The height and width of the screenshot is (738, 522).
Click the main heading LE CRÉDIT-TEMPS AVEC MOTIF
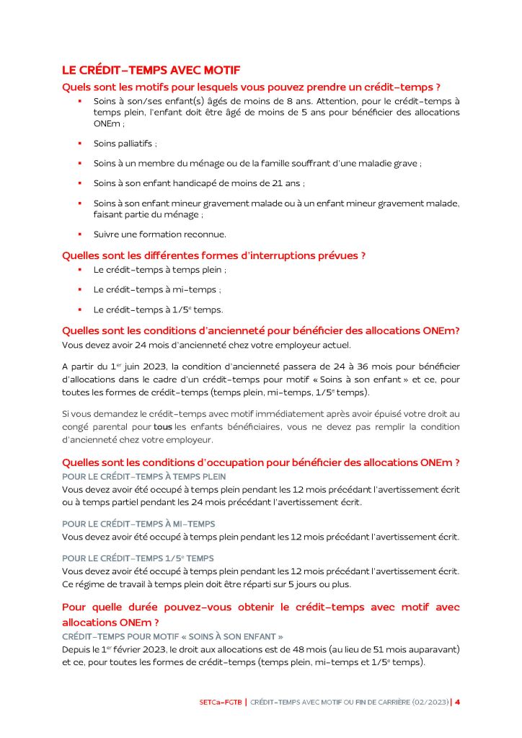click(x=151, y=70)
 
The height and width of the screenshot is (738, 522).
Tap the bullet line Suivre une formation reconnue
click(x=159, y=234)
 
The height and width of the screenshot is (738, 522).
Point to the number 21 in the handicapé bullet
click(x=271, y=183)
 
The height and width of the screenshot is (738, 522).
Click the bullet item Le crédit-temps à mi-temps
click(x=156, y=289)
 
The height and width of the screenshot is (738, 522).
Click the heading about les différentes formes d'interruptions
click(x=214, y=255)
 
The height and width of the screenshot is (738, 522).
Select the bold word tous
click(x=163, y=427)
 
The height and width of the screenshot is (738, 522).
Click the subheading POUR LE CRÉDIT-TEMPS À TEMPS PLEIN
click(x=144, y=477)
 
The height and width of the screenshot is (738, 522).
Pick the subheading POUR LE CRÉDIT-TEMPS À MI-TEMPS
click(x=138, y=524)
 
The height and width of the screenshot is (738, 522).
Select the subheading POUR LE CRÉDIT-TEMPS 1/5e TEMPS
click(x=138, y=558)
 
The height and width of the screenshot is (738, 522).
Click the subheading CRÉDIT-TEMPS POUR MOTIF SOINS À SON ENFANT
click(x=172, y=636)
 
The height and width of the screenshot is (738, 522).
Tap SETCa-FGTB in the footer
click(x=220, y=702)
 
